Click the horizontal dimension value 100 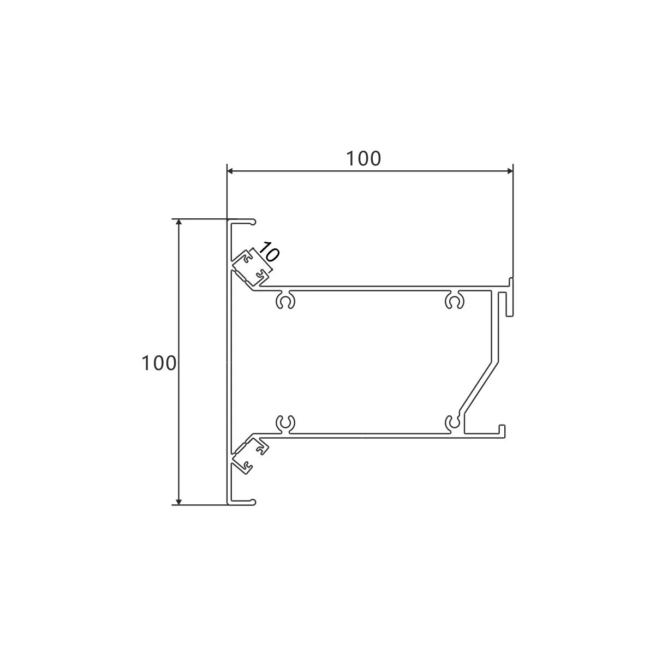[x=363, y=159]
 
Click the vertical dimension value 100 [x=159, y=363]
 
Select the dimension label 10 [x=269, y=252]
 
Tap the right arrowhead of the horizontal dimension [x=510, y=171]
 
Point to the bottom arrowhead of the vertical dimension [x=178, y=502]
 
